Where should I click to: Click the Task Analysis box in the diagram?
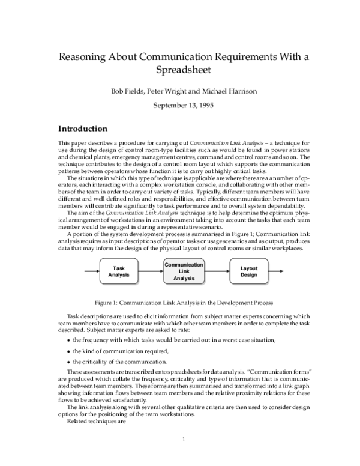(x=119, y=271)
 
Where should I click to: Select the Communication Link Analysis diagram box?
(x=184, y=271)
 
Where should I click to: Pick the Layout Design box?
(x=248, y=271)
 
